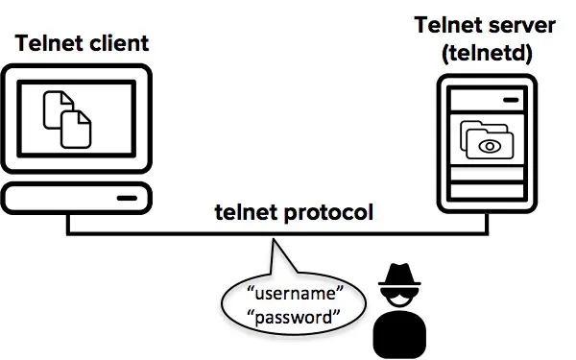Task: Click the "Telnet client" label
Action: pyautogui.click(x=82, y=43)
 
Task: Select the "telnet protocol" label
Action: pyautogui.click(x=294, y=211)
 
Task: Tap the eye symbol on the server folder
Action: pyautogui.click(x=491, y=146)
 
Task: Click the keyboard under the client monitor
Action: pyautogui.click(x=76, y=198)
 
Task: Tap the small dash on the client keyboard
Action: pyautogui.click(x=127, y=199)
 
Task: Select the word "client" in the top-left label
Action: pyautogui.click(x=118, y=43)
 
